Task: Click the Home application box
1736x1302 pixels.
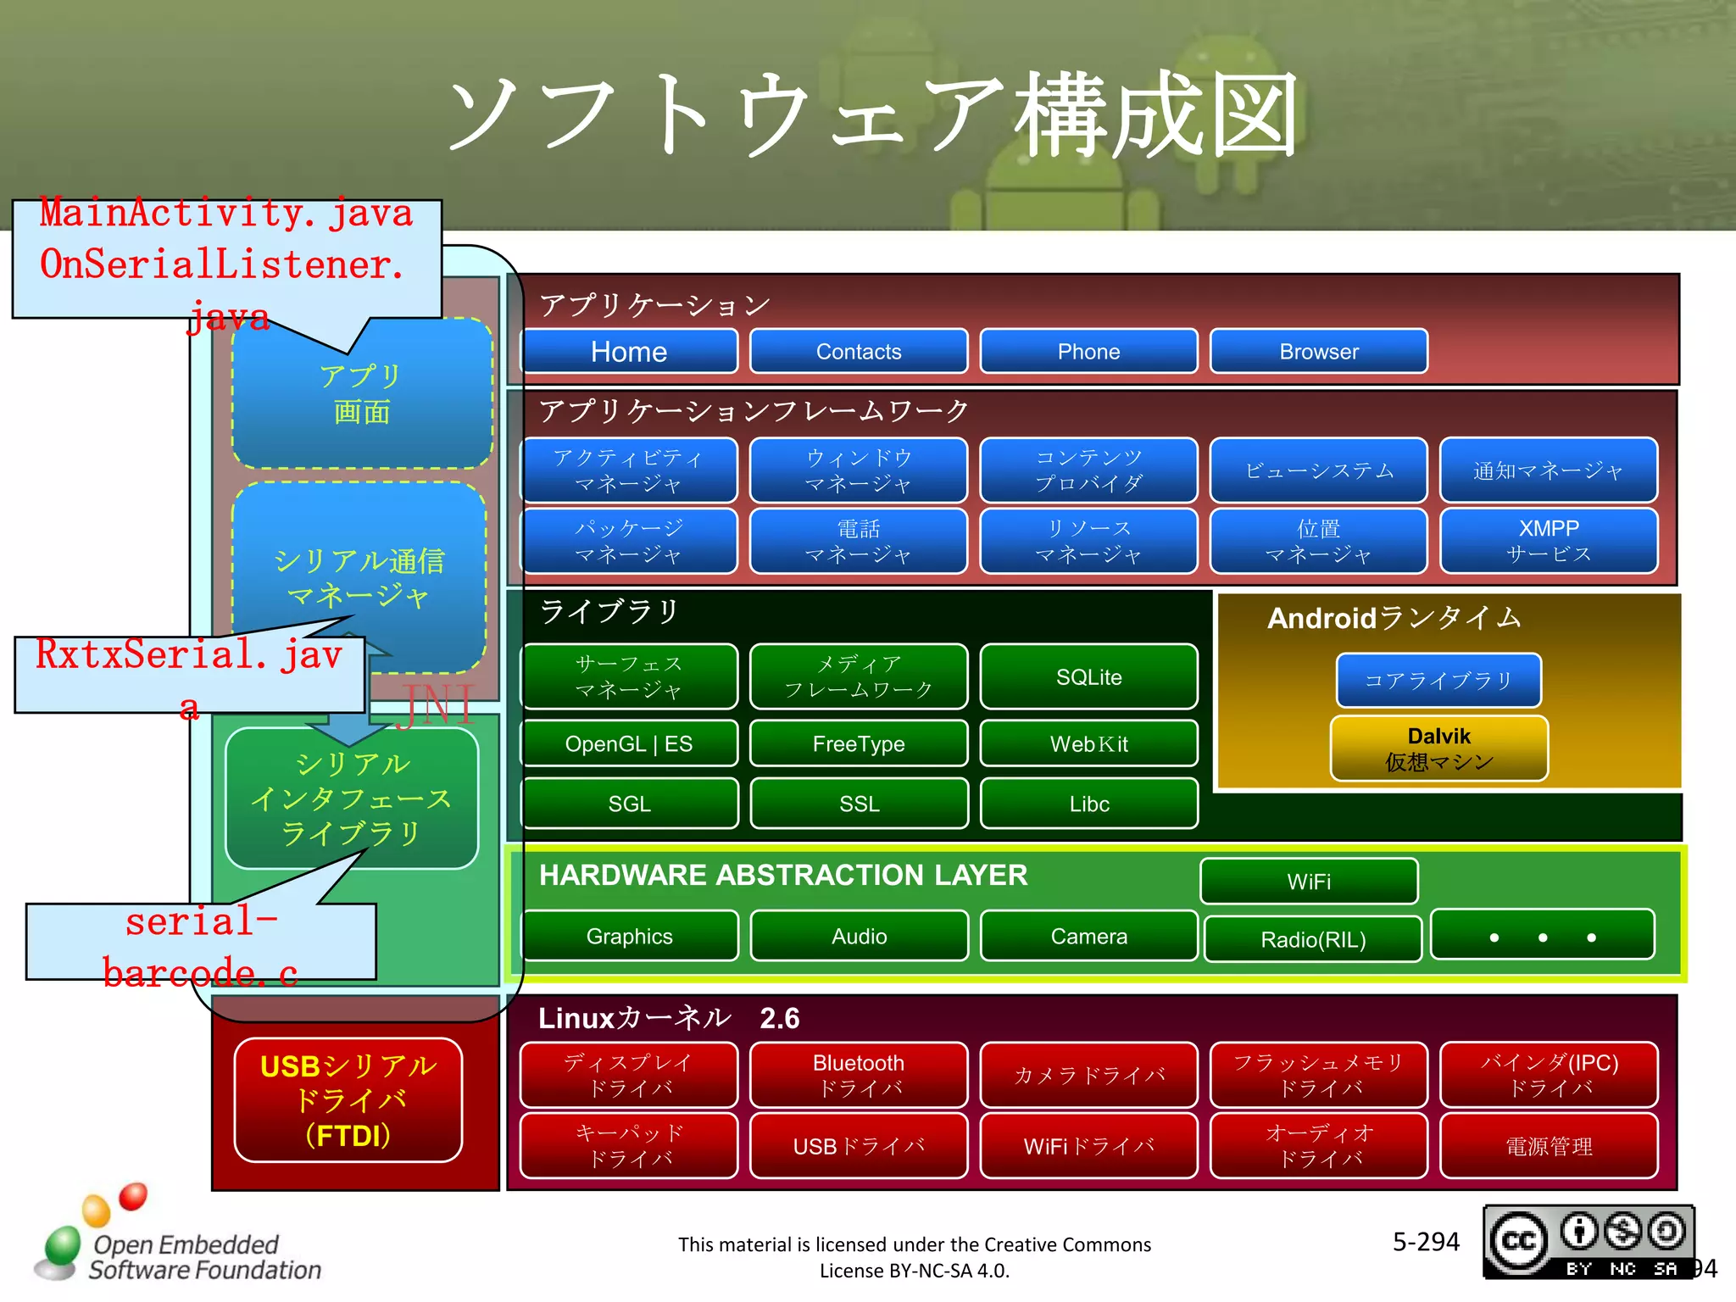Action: [x=629, y=351]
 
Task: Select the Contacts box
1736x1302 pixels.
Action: [x=859, y=351]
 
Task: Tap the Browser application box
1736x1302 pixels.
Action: [x=1318, y=351]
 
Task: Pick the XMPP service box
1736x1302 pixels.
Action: [x=1549, y=541]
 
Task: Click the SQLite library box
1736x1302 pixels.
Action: [x=1088, y=676]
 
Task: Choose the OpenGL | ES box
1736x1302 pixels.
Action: [x=629, y=743]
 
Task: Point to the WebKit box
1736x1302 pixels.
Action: [x=1088, y=743]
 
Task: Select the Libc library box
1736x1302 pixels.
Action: [x=1088, y=804]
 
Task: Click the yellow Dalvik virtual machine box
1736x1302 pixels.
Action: [x=1438, y=748]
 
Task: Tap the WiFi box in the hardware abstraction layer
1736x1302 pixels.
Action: [x=1309, y=882]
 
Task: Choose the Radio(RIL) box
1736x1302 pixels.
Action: [x=1312, y=939]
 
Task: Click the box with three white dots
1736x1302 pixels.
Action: [x=1542, y=936]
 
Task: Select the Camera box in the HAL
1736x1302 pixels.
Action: [x=1088, y=936]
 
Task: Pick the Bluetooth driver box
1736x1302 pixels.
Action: [x=859, y=1075]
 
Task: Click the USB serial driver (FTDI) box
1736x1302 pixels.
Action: [x=348, y=1100]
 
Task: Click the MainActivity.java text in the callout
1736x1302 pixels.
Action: [x=226, y=214]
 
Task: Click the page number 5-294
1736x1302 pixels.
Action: [x=1426, y=1242]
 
